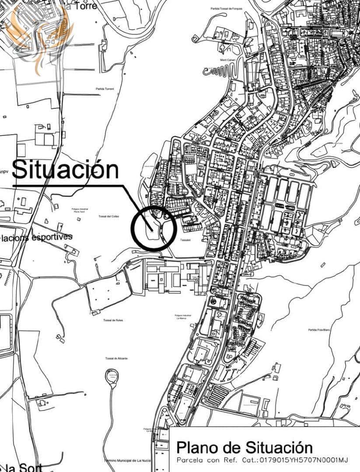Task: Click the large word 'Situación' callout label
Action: point(65,170)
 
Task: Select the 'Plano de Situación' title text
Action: point(245,448)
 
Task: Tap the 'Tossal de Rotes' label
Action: point(113,320)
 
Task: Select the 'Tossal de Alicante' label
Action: point(116,358)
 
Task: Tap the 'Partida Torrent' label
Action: point(105,89)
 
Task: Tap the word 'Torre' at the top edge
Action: point(85,6)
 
